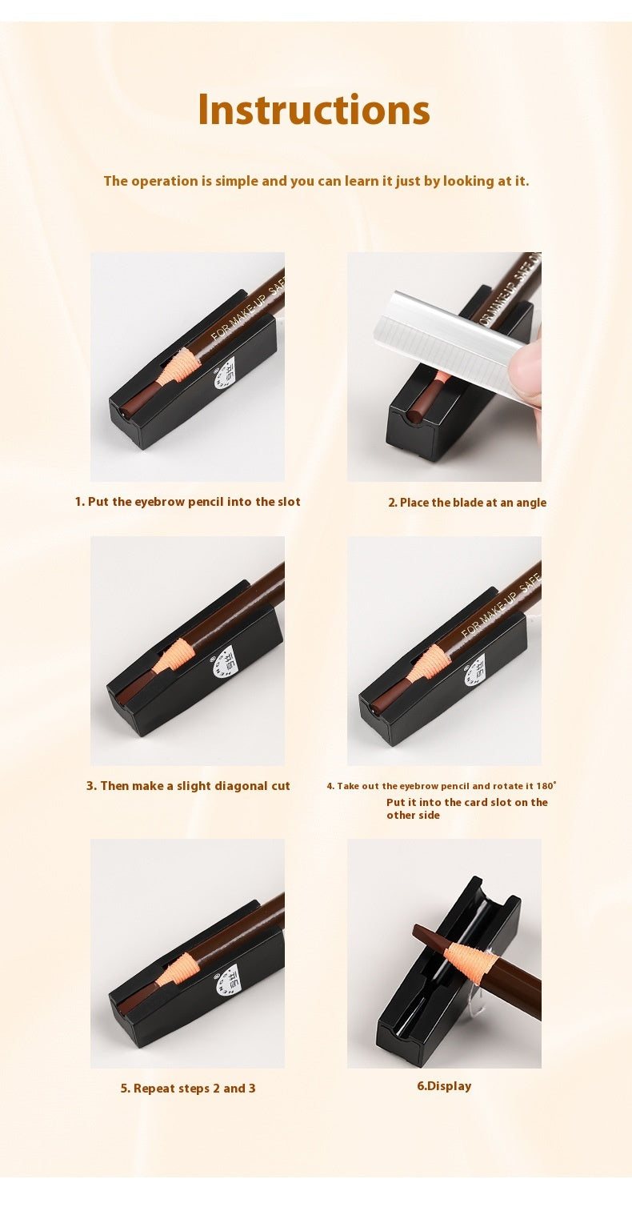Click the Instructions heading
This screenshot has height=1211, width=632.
pyautogui.click(x=314, y=110)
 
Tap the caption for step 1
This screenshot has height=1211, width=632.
pyautogui.click(x=188, y=502)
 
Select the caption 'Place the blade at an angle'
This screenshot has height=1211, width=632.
pyautogui.click(x=467, y=503)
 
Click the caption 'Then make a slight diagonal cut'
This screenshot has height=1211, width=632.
pyautogui.click(x=188, y=786)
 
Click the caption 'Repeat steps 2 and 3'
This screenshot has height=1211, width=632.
pyautogui.click(x=188, y=1089)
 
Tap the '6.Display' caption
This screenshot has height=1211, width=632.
pyautogui.click(x=444, y=1086)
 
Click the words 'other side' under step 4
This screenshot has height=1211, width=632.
pyautogui.click(x=413, y=816)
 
